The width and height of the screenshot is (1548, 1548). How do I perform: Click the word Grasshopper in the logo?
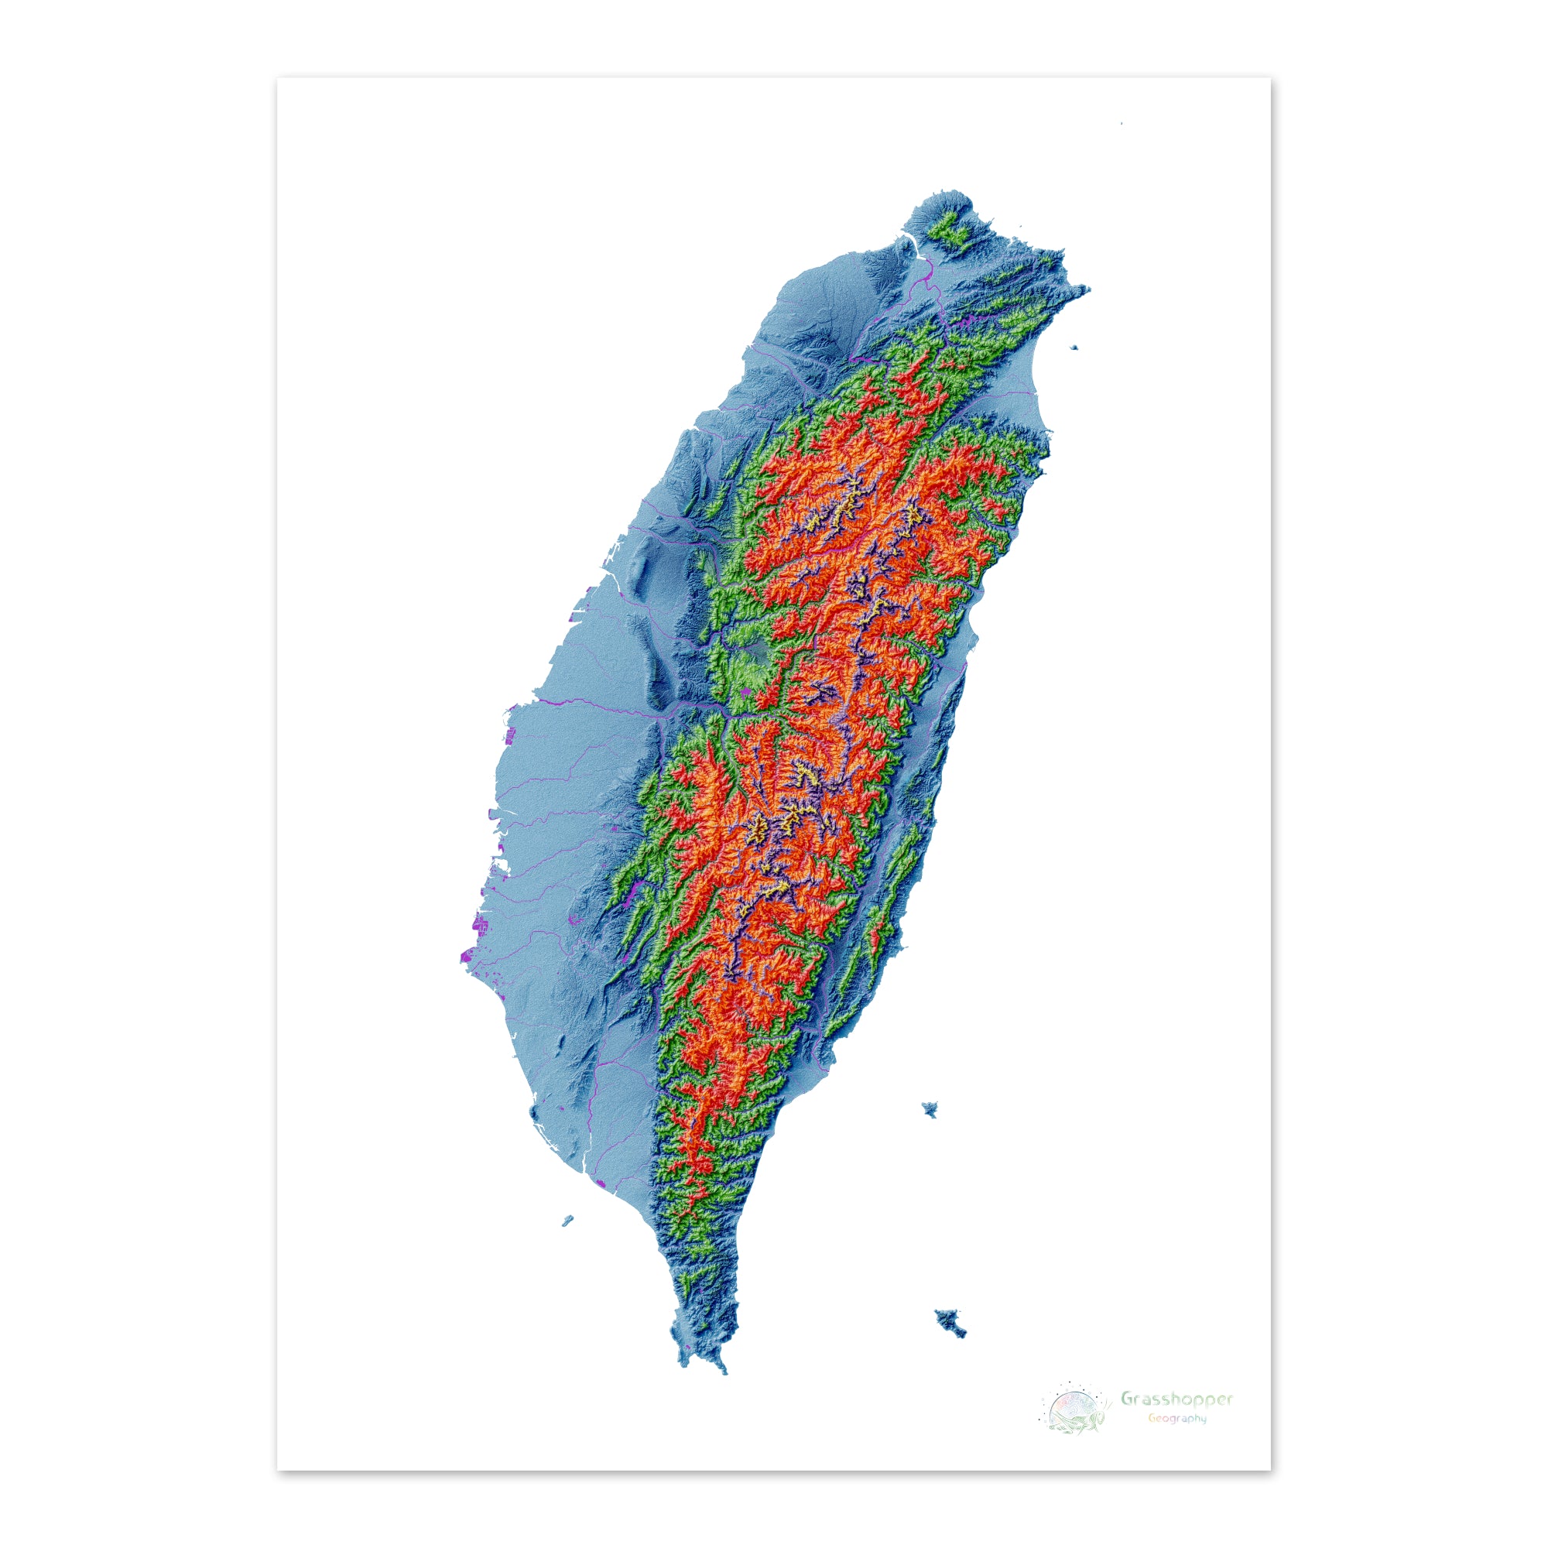point(1176,1399)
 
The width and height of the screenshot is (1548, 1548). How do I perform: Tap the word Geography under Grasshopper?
point(1176,1418)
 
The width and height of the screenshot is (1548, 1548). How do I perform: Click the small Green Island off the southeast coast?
point(930,1109)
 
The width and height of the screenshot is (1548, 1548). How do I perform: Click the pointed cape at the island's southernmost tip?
point(724,1369)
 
